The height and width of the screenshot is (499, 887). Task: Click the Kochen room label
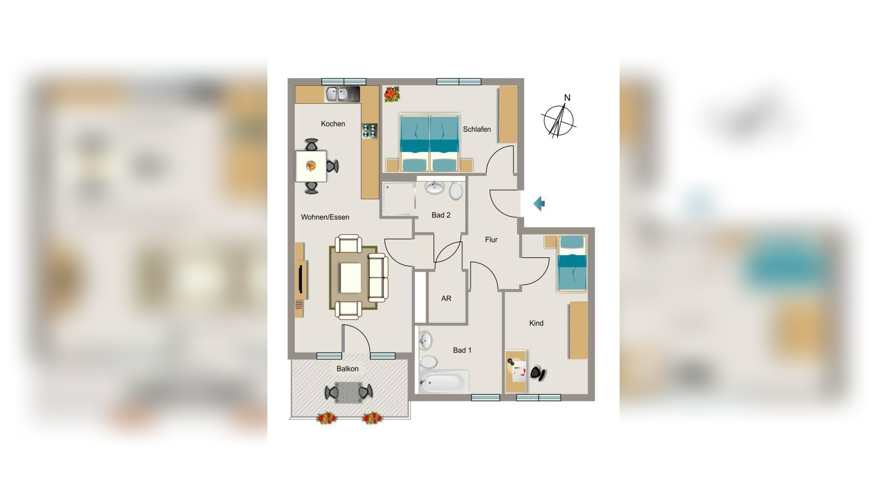click(333, 124)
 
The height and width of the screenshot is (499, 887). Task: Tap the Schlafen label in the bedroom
click(477, 129)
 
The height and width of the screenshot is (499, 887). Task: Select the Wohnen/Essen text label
click(325, 217)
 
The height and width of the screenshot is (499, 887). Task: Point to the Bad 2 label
click(441, 215)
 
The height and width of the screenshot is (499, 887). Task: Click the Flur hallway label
click(491, 239)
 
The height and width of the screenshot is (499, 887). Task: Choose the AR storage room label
click(446, 298)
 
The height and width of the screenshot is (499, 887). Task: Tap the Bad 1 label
click(462, 350)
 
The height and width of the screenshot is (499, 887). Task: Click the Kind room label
click(536, 323)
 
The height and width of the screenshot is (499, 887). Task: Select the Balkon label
click(347, 369)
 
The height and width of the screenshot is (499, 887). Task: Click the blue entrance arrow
click(539, 204)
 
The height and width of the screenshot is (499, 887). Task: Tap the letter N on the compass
click(567, 98)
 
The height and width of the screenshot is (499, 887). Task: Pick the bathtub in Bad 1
click(443, 383)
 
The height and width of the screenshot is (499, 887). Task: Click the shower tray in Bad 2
click(398, 199)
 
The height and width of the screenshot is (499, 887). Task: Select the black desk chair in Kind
click(537, 373)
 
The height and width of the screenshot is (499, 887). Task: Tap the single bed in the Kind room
click(572, 263)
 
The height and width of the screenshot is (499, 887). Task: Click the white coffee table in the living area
click(350, 278)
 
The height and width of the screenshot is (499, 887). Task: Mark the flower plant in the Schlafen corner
click(391, 94)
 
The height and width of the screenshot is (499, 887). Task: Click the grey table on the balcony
click(349, 392)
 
